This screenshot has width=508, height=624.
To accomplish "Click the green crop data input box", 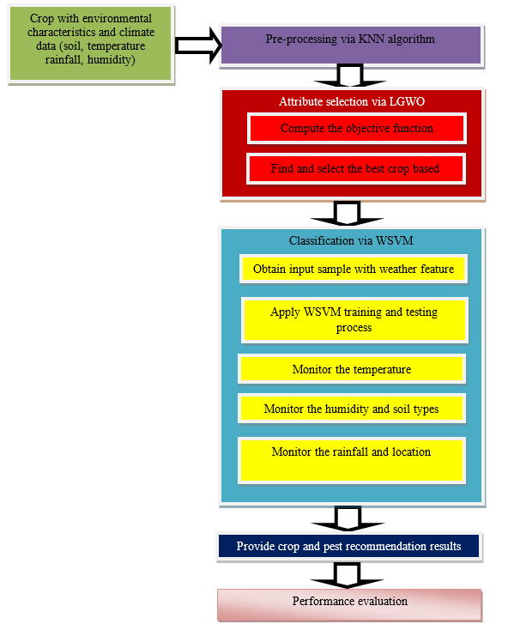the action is click(x=91, y=44).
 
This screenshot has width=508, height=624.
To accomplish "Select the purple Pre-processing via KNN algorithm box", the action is click(x=351, y=45).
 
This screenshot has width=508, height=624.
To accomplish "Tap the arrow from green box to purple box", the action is click(x=197, y=45).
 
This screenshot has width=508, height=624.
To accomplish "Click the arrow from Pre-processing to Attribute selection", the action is click(x=350, y=76).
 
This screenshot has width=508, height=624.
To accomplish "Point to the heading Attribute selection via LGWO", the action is click(x=352, y=101).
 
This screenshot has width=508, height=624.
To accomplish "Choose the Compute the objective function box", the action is click(x=357, y=129).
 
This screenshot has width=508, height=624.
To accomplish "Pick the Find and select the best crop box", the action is click(x=355, y=169).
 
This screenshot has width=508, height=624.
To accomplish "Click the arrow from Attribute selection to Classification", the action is click(x=348, y=213).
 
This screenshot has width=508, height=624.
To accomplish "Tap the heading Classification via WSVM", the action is click(x=351, y=241).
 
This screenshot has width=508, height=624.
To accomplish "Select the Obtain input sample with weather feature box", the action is click(x=354, y=269).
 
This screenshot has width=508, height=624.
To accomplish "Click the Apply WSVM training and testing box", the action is click(x=354, y=320).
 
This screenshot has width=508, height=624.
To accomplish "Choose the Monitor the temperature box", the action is click(x=352, y=369).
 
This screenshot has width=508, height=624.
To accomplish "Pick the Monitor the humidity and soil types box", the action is click(x=352, y=409).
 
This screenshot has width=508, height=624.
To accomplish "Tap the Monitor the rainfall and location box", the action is click(x=352, y=460).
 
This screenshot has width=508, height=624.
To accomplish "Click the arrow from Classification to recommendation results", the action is click(x=348, y=518).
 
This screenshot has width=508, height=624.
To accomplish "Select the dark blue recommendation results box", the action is click(x=349, y=547).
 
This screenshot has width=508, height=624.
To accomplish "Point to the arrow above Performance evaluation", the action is click(x=348, y=575).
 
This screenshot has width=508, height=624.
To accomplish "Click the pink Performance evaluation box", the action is click(x=349, y=605).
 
